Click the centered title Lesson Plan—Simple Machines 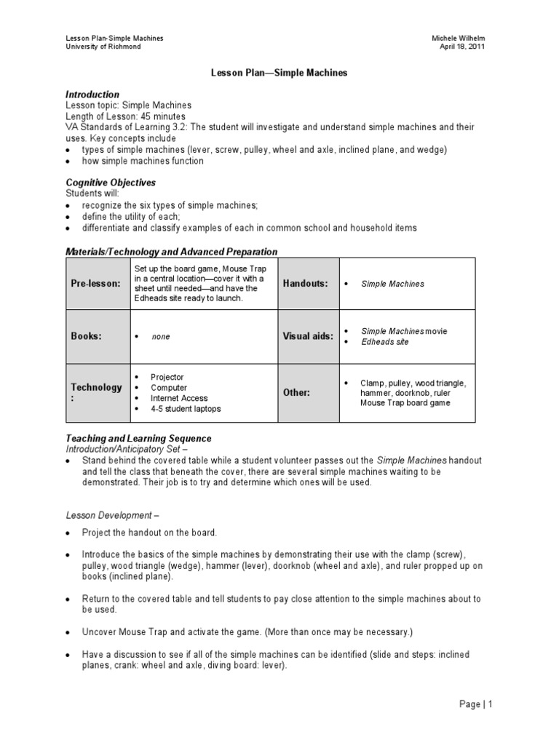coord(279,73)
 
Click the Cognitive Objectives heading coord(111,183)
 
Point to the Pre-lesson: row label coord(95,284)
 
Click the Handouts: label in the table coord(306,284)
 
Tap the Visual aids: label coord(308,337)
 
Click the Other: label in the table coord(296,393)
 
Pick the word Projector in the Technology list coord(167,378)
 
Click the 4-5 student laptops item coord(186,409)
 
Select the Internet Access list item coord(179,399)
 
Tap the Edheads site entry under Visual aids coord(385,342)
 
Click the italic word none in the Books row coord(161,338)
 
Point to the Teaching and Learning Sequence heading coord(138,439)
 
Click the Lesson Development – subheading coord(113,515)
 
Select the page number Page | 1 coord(475,704)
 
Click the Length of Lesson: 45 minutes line coord(125,116)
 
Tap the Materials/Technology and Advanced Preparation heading coord(172,252)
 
